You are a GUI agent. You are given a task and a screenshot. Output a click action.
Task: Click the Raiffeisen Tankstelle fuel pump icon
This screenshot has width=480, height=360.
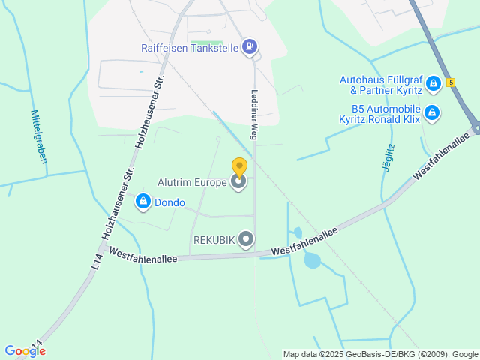point(250,47)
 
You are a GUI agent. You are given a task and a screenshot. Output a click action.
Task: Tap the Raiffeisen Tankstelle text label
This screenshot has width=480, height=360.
point(190,48)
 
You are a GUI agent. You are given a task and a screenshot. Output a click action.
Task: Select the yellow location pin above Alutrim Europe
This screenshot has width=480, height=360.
point(239,168)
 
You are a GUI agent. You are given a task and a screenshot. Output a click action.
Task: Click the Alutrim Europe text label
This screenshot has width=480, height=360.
point(192,182)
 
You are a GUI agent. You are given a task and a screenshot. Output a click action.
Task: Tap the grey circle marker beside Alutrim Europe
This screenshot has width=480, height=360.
point(239,182)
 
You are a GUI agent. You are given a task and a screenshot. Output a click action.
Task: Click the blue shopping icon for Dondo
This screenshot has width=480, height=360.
point(143,202)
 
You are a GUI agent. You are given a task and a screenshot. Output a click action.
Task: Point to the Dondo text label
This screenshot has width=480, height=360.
point(169,202)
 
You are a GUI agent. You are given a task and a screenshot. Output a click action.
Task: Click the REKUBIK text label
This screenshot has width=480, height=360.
point(214,240)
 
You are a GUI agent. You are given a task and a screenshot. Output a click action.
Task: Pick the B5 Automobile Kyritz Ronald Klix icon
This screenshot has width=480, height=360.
point(431,113)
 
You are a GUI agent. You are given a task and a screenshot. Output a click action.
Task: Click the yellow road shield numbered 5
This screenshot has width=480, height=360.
point(451,82)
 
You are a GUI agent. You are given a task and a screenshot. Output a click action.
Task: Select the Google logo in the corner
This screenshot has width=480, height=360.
point(25,350)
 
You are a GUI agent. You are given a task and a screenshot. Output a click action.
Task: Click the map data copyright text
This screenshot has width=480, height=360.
point(381,354)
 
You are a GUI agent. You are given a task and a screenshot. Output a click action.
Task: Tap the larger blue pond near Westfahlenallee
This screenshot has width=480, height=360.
point(313,261)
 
